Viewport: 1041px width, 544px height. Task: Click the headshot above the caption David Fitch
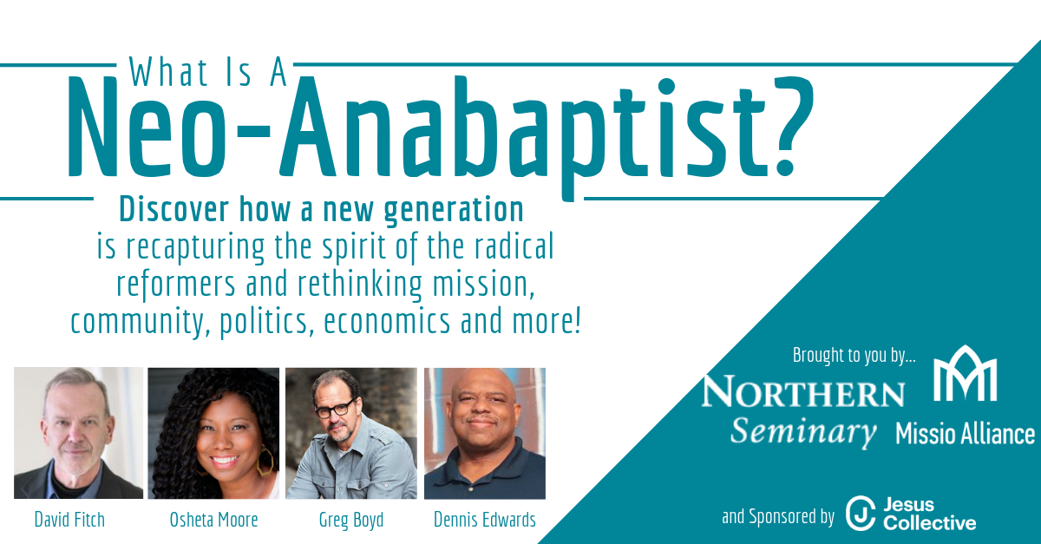pos(79,433)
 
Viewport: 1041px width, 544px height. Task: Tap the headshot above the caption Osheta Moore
pos(213,433)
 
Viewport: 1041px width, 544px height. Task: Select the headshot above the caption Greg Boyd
pos(351,433)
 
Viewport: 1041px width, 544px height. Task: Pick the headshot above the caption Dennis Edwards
pos(485,433)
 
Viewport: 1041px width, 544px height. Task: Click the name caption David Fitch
pos(69,520)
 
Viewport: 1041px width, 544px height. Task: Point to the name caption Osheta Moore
pos(213,520)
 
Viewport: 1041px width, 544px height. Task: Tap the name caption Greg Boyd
pos(351,521)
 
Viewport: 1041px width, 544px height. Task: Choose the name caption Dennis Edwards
pos(485,520)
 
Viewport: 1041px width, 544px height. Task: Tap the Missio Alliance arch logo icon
pos(966,373)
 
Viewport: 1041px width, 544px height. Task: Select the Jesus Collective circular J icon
pos(861,514)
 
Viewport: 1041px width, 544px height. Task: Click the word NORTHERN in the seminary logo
pos(803,391)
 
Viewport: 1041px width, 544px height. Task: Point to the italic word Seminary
pos(803,432)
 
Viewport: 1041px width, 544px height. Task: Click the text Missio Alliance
pos(966,434)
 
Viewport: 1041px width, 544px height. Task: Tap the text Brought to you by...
pos(854,355)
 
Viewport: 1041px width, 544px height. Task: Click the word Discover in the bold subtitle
pos(173,209)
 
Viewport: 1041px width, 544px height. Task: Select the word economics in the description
pos(387,321)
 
